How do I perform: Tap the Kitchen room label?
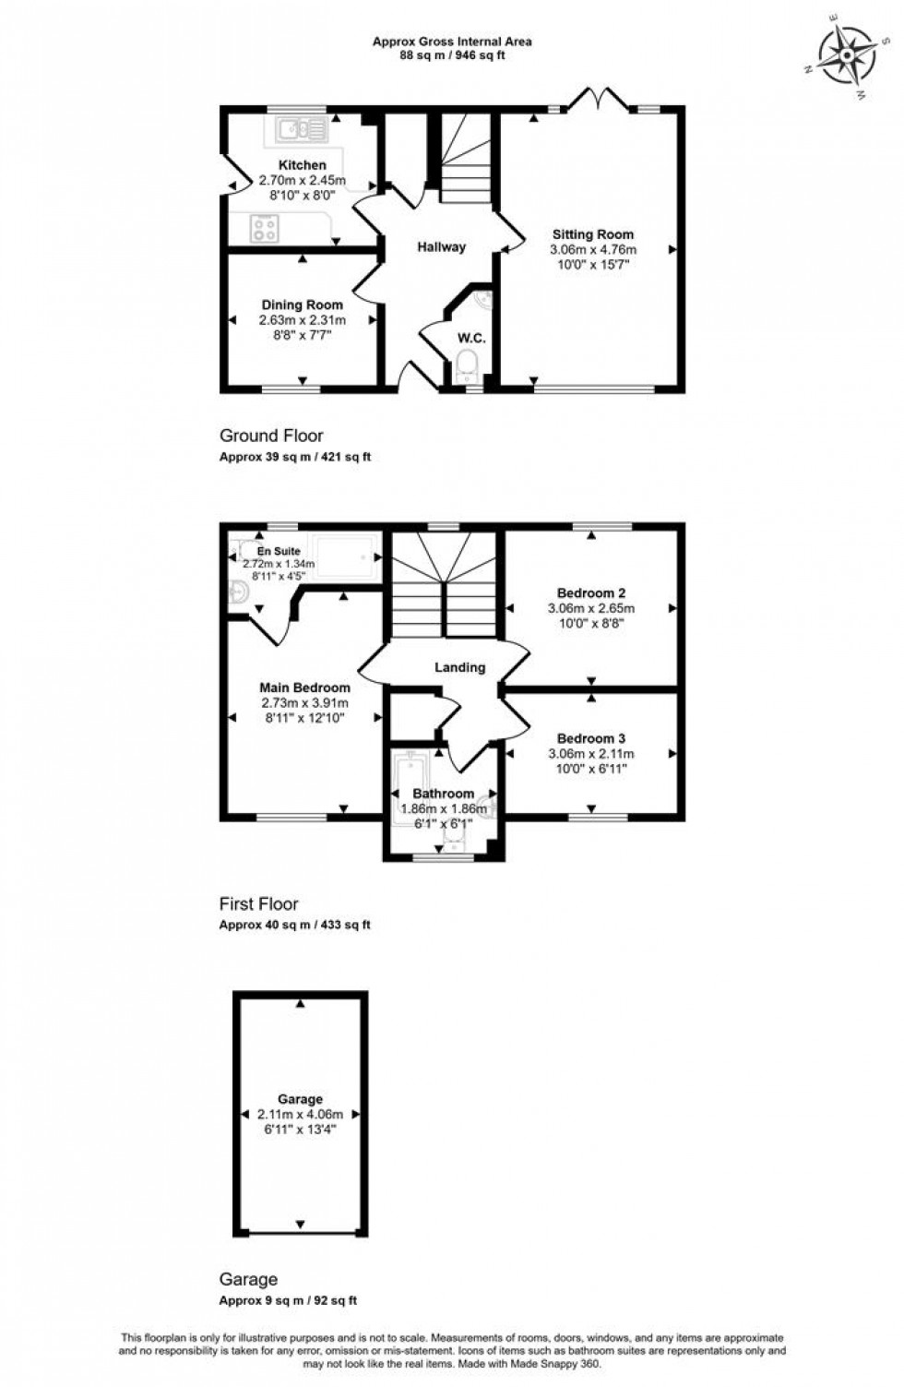(x=303, y=165)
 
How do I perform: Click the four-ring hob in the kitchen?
(x=266, y=227)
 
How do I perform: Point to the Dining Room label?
(x=302, y=305)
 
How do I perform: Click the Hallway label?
(x=441, y=246)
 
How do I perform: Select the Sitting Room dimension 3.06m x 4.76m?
(x=593, y=249)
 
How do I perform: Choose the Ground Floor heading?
(x=271, y=436)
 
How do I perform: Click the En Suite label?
(x=278, y=551)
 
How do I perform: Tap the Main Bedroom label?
(x=304, y=688)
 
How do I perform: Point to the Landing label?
(x=459, y=667)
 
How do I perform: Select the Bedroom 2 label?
(x=591, y=592)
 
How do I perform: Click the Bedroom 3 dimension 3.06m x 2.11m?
(x=591, y=754)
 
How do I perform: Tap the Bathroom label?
(x=443, y=794)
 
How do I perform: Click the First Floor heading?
(x=258, y=904)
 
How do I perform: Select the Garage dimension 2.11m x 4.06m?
(x=300, y=1114)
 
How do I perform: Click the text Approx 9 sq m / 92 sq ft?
(x=288, y=1300)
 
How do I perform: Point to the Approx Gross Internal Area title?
(x=452, y=41)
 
